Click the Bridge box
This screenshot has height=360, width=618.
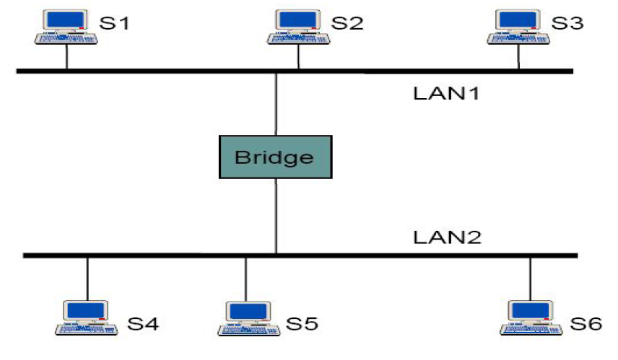[x=276, y=157]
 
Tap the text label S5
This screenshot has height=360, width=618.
[x=303, y=324]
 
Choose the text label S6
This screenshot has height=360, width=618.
[x=586, y=324]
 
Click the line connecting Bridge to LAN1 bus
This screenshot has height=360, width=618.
[x=276, y=104]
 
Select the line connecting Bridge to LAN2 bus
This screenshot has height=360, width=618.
[x=276, y=216]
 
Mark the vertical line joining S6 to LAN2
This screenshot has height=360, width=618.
[x=531, y=277]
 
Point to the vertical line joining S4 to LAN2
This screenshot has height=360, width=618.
[x=87, y=277]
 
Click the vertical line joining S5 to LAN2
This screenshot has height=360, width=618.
[x=245, y=277]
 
